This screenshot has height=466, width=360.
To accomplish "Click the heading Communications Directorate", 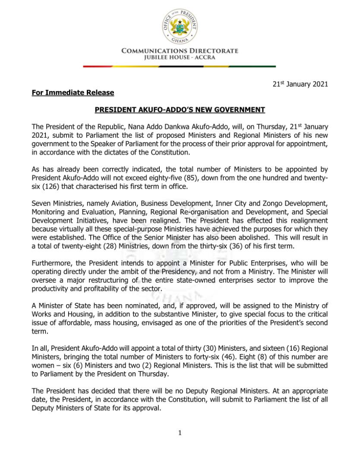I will coord(180,51).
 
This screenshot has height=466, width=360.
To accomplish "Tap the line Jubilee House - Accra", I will coord(180,57).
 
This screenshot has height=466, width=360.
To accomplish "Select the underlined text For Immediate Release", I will coord(73,93).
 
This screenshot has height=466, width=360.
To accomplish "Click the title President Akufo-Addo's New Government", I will coord(180,110).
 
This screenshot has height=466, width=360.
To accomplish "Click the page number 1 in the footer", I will coord(180,433).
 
